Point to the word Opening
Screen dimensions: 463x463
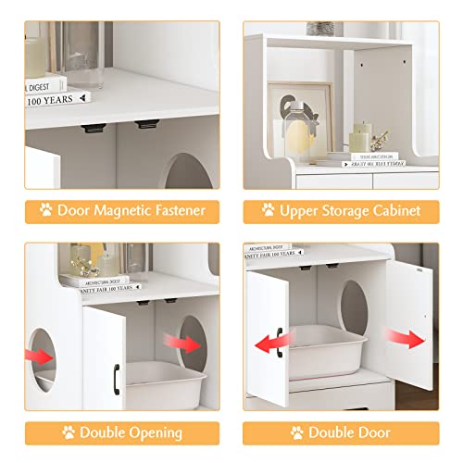pos(154,432)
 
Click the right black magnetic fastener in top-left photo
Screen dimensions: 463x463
pos(147,124)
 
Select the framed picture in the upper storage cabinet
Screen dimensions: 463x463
pos(306,116)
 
